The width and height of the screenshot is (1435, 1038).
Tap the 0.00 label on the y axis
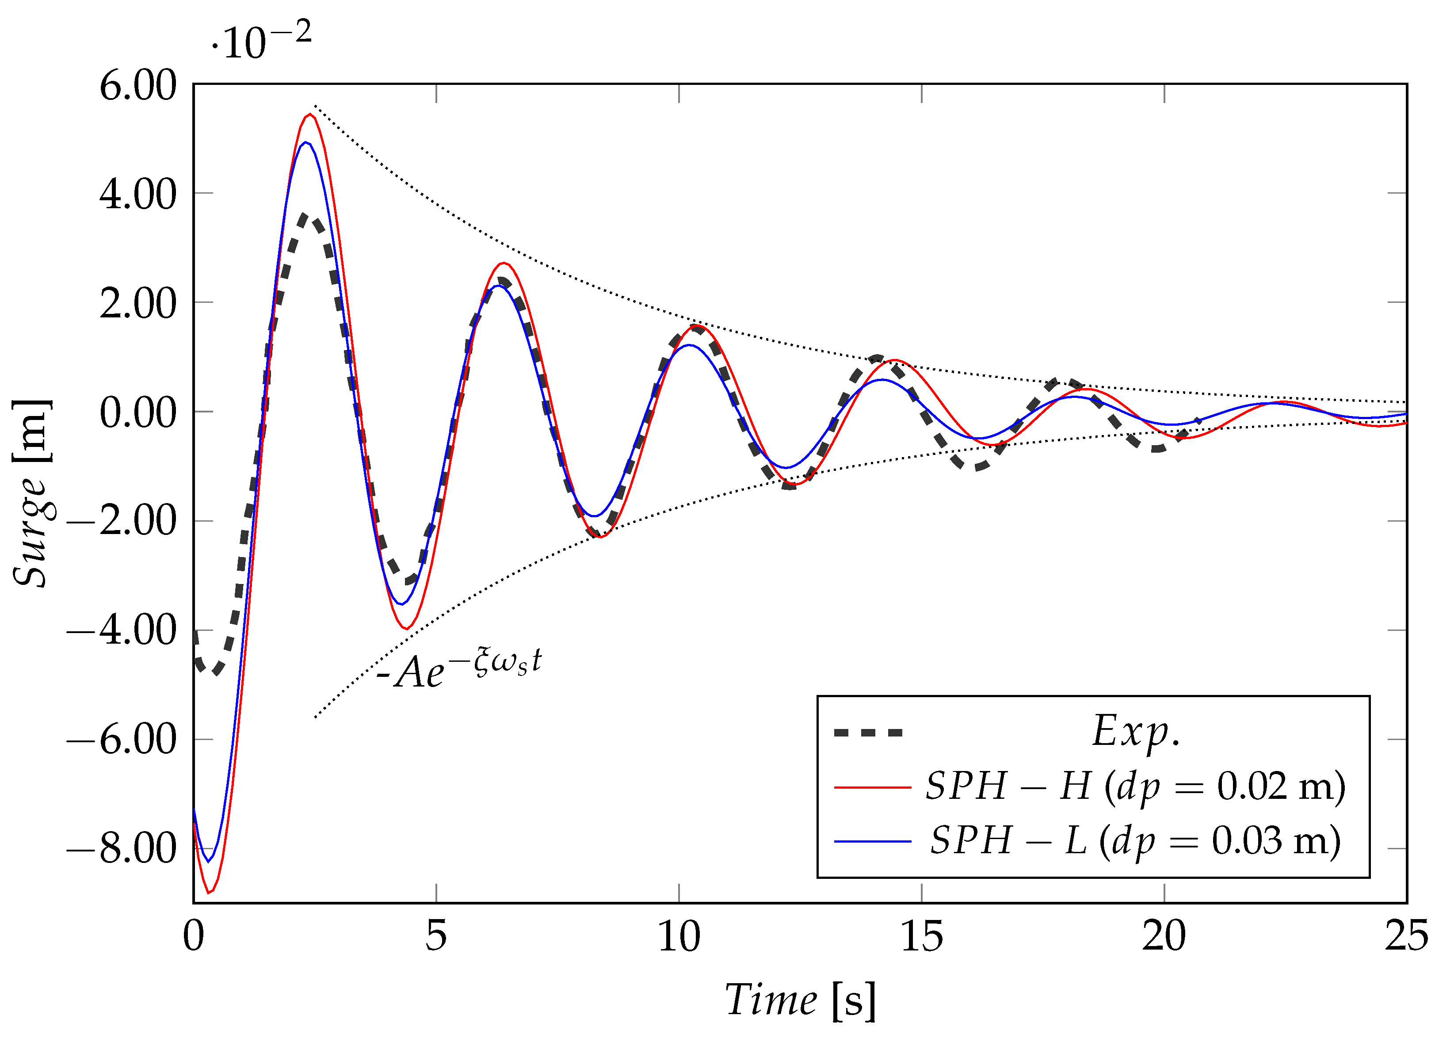[137, 413]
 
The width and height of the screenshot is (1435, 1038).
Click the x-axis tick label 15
[921, 937]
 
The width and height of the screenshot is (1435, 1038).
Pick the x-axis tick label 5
[436, 937]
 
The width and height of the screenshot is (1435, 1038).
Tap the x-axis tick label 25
[1406, 937]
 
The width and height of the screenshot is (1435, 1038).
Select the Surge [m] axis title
[32, 493]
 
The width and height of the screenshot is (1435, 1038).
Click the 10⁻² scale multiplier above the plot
[261, 42]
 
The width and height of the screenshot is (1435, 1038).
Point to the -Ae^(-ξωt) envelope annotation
[459, 671]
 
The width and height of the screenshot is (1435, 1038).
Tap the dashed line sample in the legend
[868, 733]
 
